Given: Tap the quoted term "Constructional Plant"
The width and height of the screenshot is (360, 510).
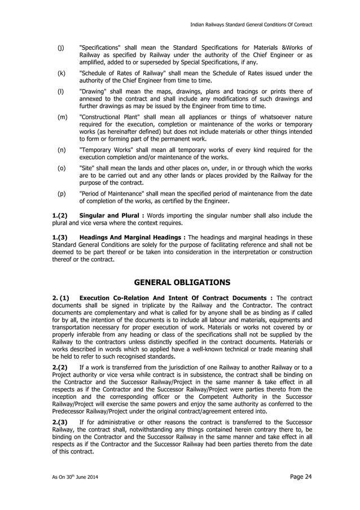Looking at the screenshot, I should pyautogui.click(x=113, y=117).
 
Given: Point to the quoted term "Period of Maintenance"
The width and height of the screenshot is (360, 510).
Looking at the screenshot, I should pyautogui.click(x=115, y=194).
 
